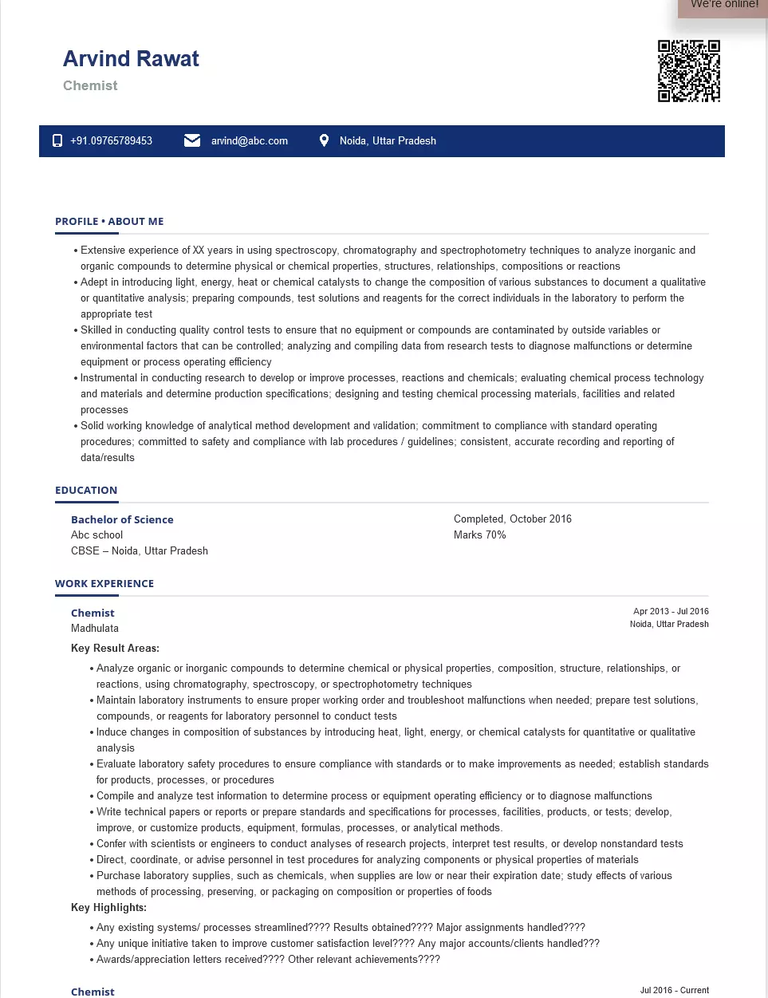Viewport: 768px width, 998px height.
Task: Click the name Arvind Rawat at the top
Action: tap(131, 59)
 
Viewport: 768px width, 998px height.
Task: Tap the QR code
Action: tap(688, 71)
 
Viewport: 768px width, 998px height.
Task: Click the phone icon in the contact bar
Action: tap(57, 140)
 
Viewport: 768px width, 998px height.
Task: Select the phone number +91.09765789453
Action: tap(111, 141)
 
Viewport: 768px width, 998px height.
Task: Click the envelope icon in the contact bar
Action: tap(192, 140)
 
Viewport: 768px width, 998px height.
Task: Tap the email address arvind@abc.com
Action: tap(249, 141)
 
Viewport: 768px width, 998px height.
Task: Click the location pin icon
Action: tap(324, 140)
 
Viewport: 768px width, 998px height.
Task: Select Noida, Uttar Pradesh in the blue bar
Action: tap(388, 141)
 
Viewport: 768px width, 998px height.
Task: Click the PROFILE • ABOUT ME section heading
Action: tap(109, 222)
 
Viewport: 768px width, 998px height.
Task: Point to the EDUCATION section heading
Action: tap(86, 491)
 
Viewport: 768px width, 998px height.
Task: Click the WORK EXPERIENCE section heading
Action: tap(104, 584)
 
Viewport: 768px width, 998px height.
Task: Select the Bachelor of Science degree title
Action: tap(122, 519)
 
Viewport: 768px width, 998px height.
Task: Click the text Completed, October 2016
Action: tap(512, 519)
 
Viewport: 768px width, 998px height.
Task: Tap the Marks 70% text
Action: tap(479, 535)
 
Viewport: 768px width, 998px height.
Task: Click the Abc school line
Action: tap(96, 535)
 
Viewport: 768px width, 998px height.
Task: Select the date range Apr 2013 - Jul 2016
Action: tap(671, 612)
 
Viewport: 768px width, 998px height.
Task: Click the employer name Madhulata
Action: tap(94, 629)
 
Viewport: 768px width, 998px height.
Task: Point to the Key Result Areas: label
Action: tap(115, 649)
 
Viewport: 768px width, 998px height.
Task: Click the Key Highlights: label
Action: tap(108, 908)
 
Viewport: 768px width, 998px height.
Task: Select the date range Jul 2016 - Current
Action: tap(674, 990)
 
